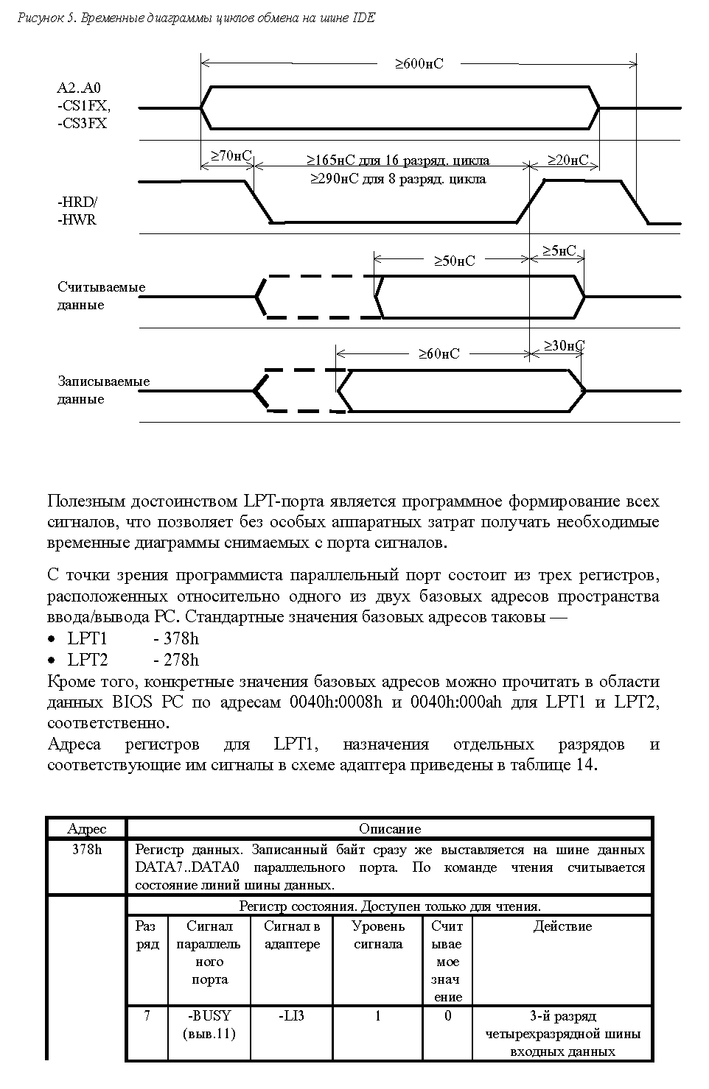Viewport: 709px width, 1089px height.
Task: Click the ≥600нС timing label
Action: point(419,64)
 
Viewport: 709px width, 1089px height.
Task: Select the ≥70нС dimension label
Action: point(231,156)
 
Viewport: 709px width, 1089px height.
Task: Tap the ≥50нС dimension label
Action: point(453,261)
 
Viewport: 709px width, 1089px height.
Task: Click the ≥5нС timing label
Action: point(559,251)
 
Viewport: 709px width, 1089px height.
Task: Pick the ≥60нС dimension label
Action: point(439,354)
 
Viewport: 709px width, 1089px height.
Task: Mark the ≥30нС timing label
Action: point(565,345)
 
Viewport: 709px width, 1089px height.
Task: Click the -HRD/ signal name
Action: point(77,202)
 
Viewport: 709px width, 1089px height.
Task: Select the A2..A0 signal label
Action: point(79,88)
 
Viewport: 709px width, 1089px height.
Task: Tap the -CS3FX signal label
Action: point(82,124)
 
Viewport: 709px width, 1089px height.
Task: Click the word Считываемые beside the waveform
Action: point(101,287)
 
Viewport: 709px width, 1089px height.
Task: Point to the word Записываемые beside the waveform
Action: point(103,381)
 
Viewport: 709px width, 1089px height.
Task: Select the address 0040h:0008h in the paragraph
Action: point(336,702)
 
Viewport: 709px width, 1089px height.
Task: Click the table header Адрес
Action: point(86,829)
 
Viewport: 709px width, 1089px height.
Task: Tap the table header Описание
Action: point(390,829)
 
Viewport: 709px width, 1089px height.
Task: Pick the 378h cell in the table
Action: point(86,849)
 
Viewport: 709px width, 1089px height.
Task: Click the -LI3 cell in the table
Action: point(292,1016)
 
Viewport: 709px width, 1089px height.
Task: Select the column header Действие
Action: point(562,926)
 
